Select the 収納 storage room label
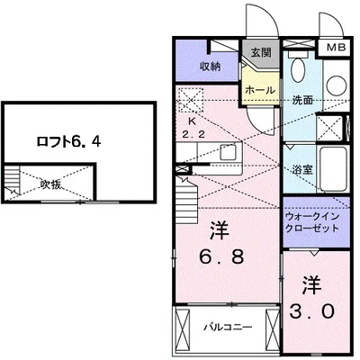[211, 67]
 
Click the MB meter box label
[335, 47]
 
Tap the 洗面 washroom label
[302, 100]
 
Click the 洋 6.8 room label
[219, 242]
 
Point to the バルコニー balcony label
[227, 326]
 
